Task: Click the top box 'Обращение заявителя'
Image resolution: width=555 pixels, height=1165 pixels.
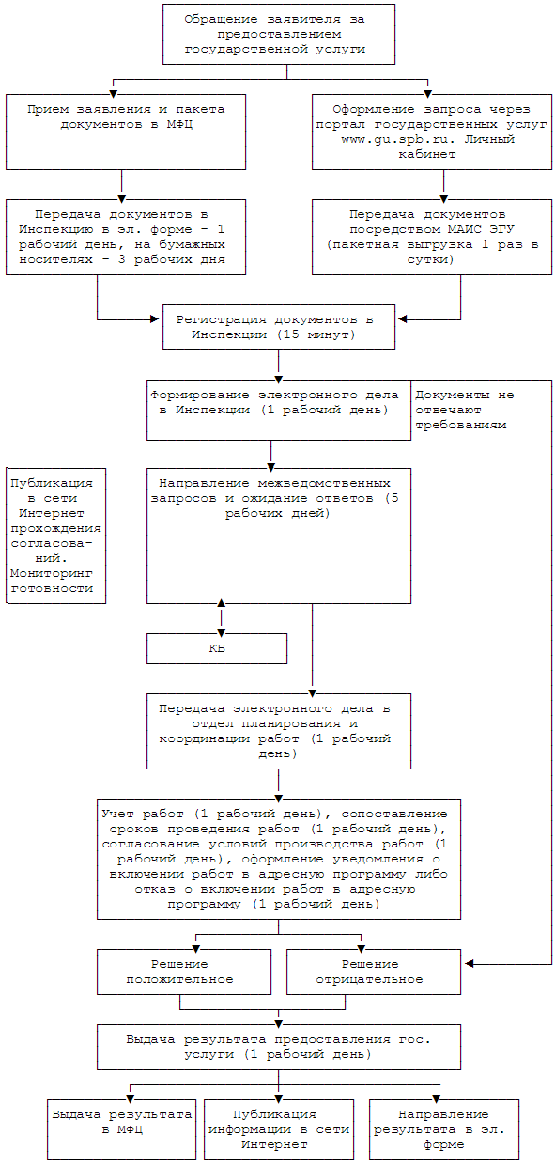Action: click(279, 35)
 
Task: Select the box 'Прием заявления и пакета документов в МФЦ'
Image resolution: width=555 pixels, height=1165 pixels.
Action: click(126, 132)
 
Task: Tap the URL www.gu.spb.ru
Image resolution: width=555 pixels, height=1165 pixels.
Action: click(398, 139)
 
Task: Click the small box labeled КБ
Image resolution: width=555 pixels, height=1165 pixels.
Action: click(217, 648)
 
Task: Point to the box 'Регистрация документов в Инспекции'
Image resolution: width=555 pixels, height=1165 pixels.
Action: click(279, 327)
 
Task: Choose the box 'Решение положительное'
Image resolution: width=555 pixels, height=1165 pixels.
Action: click(184, 972)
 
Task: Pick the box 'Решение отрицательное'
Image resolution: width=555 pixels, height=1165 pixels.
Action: click(374, 972)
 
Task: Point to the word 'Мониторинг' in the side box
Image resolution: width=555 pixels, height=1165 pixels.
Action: click(52, 573)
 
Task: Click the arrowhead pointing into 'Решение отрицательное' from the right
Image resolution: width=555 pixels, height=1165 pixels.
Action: click(470, 964)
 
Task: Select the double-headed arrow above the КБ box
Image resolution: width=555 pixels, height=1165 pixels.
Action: click(222, 618)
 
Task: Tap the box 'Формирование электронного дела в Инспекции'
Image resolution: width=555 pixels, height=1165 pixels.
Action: click(279, 410)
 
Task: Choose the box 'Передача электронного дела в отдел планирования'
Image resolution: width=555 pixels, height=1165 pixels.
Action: click(279, 731)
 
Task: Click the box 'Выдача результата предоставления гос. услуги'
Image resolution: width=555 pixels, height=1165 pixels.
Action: click(279, 1048)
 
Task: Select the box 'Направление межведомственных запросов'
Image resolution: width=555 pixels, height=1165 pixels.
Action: click(279, 536)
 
